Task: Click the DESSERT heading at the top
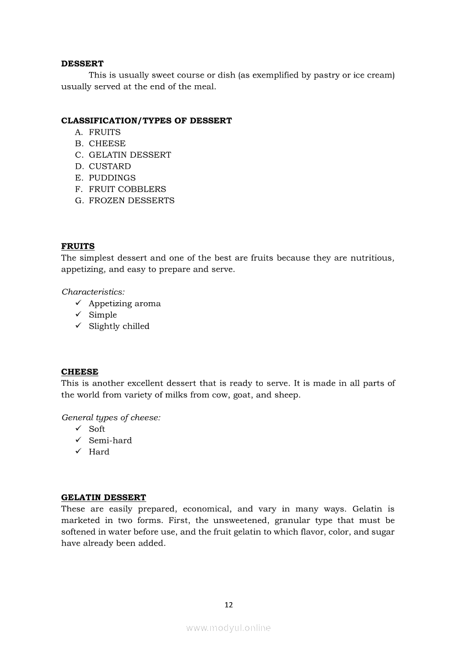(x=82, y=64)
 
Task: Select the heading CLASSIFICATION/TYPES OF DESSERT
(x=146, y=121)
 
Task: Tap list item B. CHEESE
(x=101, y=143)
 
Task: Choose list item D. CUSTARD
(x=103, y=166)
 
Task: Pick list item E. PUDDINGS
(x=106, y=178)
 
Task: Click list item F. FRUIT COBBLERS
(x=121, y=189)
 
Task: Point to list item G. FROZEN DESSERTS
(x=125, y=200)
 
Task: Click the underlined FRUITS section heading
(x=77, y=246)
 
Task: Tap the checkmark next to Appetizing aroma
(x=79, y=303)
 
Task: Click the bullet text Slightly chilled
(x=119, y=326)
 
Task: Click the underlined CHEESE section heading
(x=80, y=372)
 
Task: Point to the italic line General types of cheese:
(x=111, y=417)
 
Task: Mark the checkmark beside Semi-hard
(x=79, y=440)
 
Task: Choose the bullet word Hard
(x=99, y=452)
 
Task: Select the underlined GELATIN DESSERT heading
(x=103, y=498)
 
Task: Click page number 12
(x=228, y=605)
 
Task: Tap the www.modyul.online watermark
(x=228, y=628)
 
